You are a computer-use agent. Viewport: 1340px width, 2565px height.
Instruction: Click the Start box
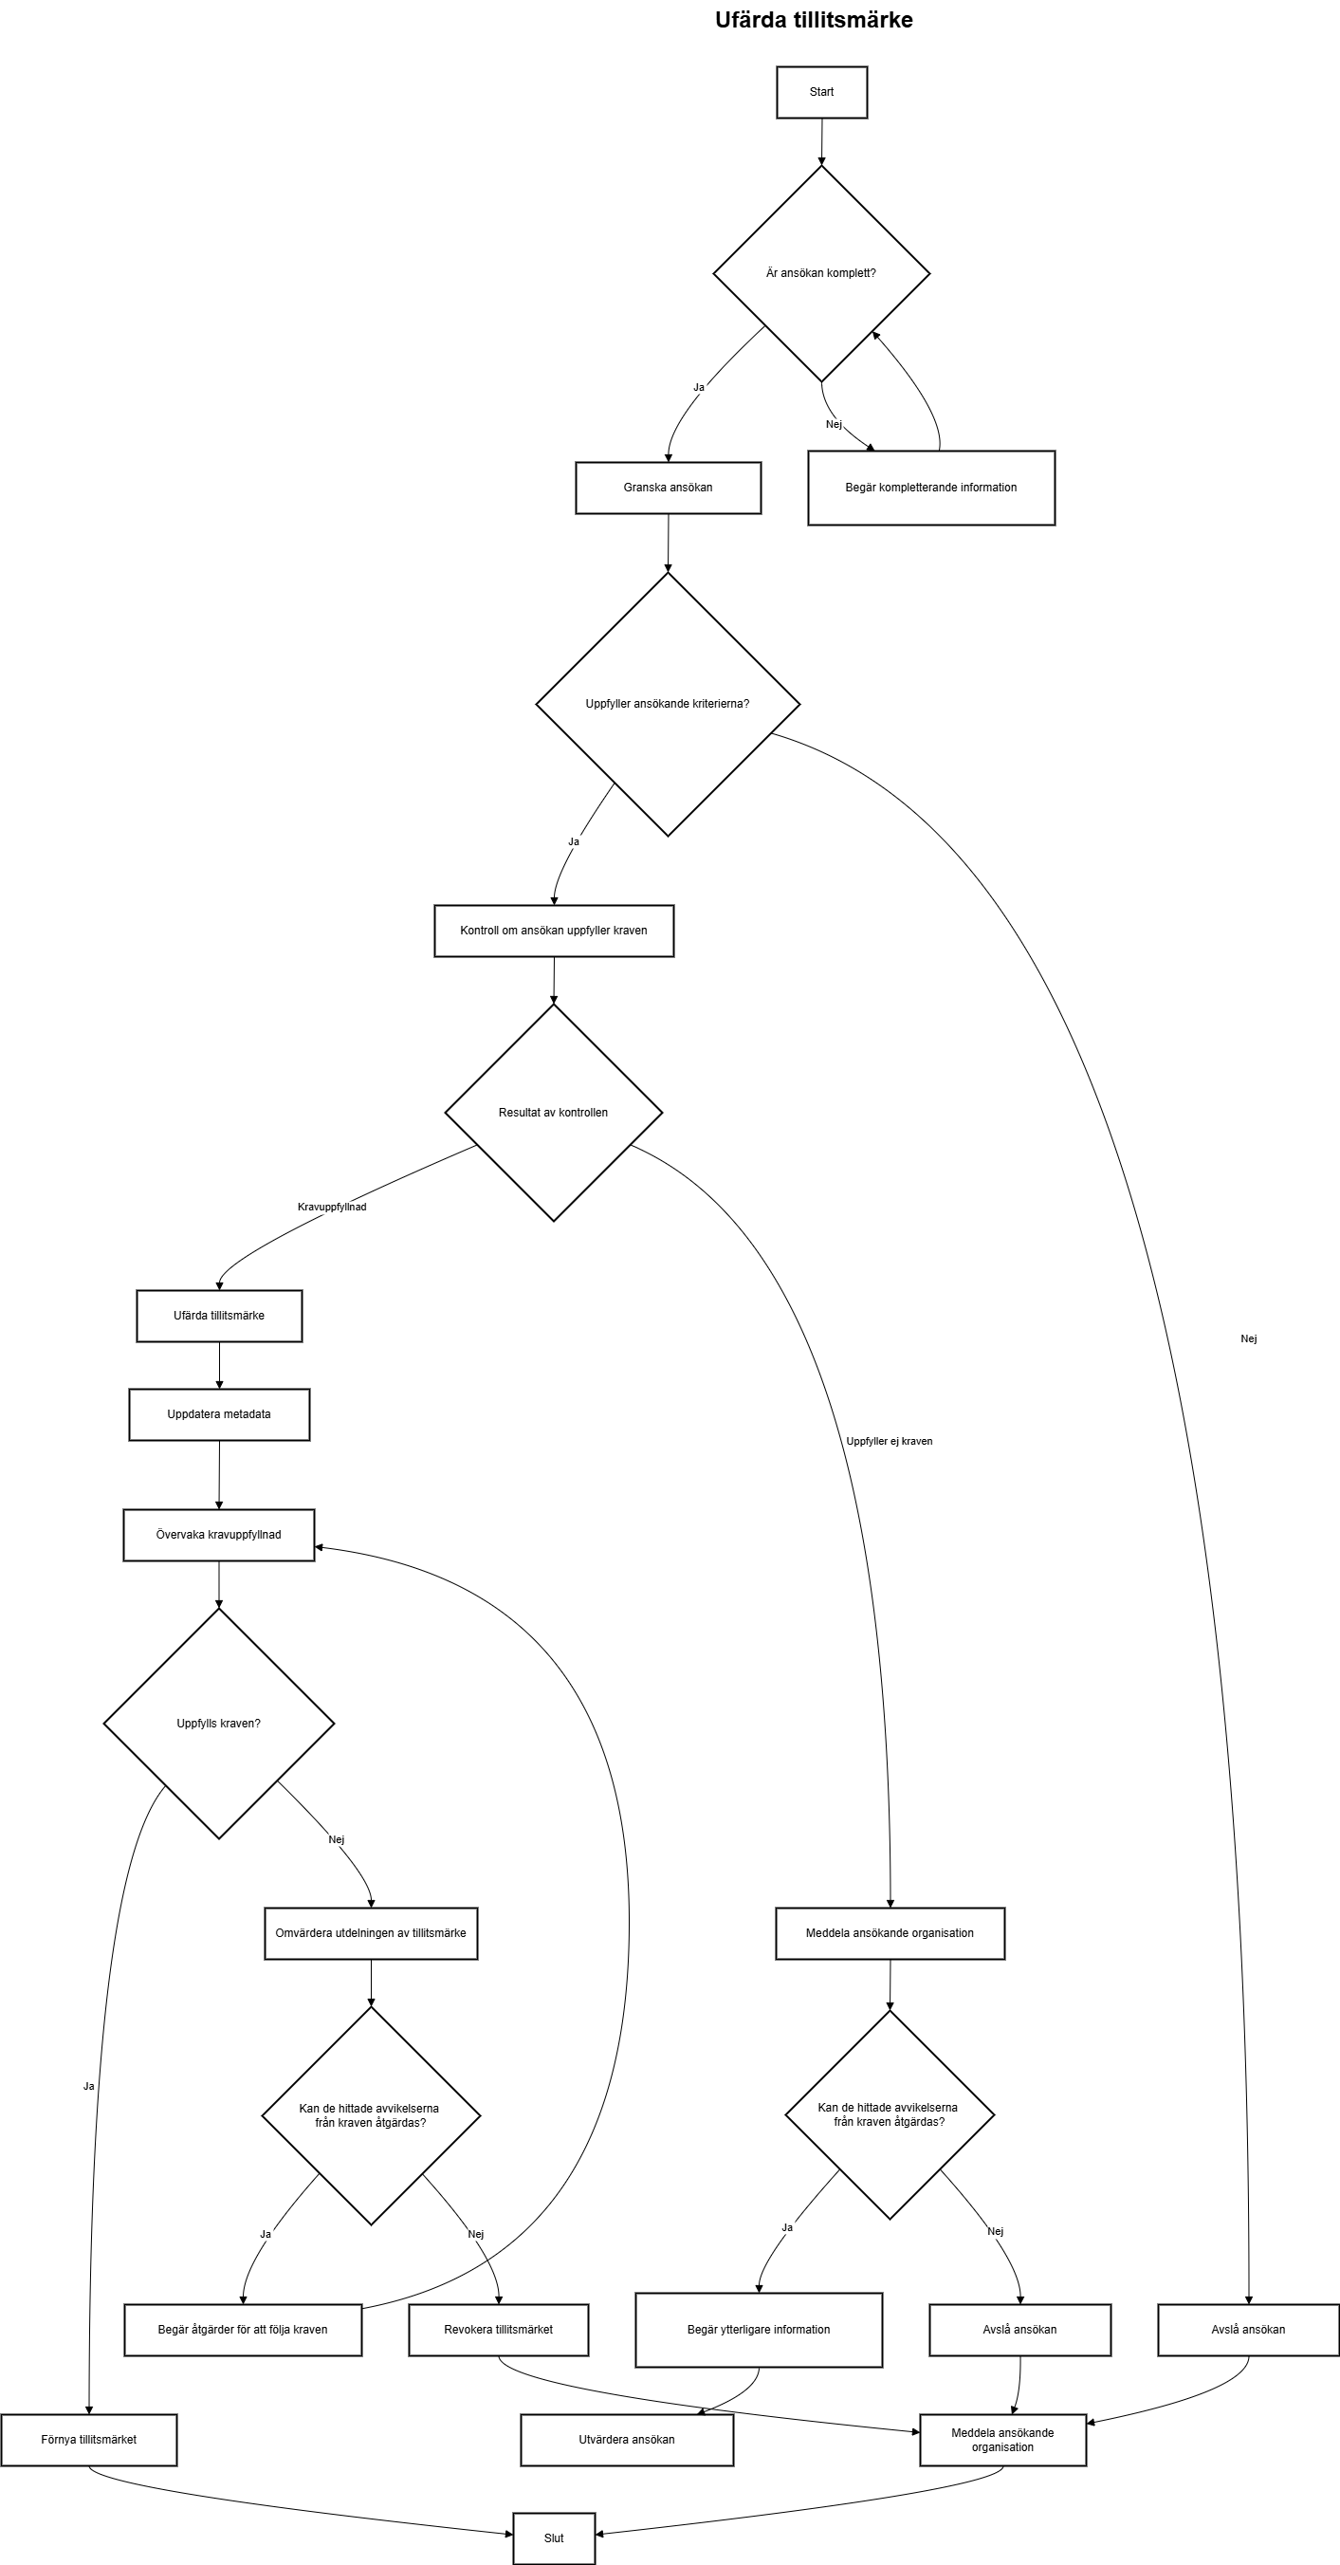coord(821,93)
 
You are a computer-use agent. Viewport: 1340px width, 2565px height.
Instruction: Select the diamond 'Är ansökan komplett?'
coord(821,273)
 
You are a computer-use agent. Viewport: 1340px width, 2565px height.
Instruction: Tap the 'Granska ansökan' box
coord(668,488)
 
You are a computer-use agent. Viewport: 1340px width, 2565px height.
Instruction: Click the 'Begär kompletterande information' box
coord(931,488)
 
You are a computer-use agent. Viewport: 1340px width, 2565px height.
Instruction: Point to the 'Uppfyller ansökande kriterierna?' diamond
coord(668,704)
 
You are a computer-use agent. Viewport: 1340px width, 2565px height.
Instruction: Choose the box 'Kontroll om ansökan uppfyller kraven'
coord(554,931)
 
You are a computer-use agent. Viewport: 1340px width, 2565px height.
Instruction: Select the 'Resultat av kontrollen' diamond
coord(554,1113)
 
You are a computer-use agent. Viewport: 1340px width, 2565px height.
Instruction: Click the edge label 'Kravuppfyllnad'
coord(332,1207)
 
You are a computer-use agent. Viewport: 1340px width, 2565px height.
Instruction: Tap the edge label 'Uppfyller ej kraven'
coord(889,1441)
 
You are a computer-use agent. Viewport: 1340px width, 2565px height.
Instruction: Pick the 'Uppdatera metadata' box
coord(219,1414)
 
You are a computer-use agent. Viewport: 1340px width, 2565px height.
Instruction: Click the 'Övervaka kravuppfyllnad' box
coord(219,1535)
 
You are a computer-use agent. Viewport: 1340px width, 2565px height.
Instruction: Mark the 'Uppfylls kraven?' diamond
coord(219,1724)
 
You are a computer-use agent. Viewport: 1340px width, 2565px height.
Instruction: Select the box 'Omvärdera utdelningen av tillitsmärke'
coord(371,1932)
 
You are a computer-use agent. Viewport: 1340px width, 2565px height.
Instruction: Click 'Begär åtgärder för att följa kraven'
coord(243,2329)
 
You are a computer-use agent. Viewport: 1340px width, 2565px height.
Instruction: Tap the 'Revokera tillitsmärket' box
coord(498,2329)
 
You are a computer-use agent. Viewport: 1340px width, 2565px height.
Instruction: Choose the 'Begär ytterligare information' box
coord(759,2329)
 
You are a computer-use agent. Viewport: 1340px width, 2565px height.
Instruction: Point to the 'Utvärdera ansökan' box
coord(627,2440)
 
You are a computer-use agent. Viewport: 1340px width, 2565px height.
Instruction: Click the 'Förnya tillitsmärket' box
coord(88,2440)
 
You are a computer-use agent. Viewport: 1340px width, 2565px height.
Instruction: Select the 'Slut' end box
coord(554,2538)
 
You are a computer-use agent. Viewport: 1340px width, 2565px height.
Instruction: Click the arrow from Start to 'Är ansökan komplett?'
coord(821,141)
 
